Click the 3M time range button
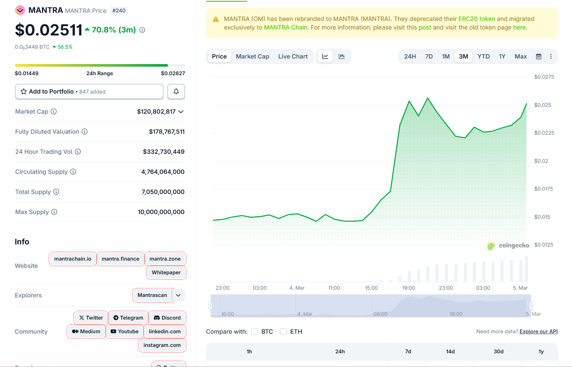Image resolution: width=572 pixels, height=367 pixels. pos(463,56)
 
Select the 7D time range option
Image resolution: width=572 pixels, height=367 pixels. pos(429,56)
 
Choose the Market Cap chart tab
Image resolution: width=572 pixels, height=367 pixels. pos(252,56)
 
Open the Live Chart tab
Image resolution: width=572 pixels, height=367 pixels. pos(293,56)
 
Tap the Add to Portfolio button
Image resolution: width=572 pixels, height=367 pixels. pos(89,91)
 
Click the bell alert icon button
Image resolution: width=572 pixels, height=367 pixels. pos(176,91)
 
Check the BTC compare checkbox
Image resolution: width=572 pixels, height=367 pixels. pos(254,332)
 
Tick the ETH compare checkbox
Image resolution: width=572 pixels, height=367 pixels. pos(283,332)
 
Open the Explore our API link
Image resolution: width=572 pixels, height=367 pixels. pos(538,332)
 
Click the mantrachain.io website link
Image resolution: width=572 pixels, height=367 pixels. pos(73,259)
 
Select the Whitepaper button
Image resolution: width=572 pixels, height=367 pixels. pos(166,273)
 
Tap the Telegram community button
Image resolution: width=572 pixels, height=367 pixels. pos(128,318)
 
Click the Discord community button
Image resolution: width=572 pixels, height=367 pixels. pos(167,318)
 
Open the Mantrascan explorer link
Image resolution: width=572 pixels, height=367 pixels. pos(152,295)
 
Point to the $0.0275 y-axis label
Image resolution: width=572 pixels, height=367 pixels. pos(544,77)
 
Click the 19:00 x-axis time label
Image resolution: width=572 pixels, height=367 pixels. pos(408,288)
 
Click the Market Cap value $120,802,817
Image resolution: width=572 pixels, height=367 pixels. pos(156,112)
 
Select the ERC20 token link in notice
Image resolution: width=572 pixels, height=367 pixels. pos(476,19)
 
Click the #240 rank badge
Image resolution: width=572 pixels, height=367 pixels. pos(118,10)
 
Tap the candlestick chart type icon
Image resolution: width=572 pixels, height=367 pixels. pos(342,56)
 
